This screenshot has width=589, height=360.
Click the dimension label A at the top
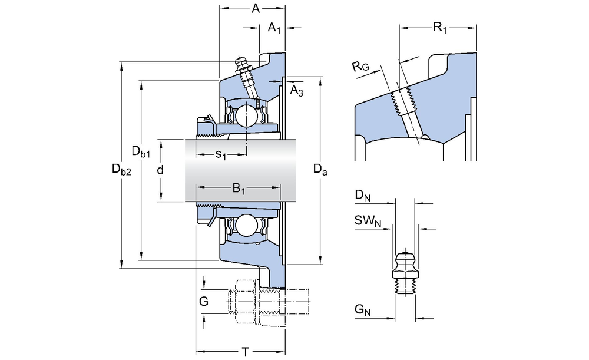tap(256, 8)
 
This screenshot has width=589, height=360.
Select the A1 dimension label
tap(274, 28)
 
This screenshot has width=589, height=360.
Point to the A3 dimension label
tap(297, 91)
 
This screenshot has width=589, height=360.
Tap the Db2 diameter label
tap(122, 170)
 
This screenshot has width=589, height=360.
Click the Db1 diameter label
tap(141, 151)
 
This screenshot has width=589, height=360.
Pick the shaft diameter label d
tap(160, 170)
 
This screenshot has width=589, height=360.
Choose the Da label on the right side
tap(320, 170)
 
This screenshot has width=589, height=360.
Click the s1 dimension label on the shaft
tap(221, 154)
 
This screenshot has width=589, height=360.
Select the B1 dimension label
tap(239, 188)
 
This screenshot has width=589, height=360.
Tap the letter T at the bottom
tap(245, 352)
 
